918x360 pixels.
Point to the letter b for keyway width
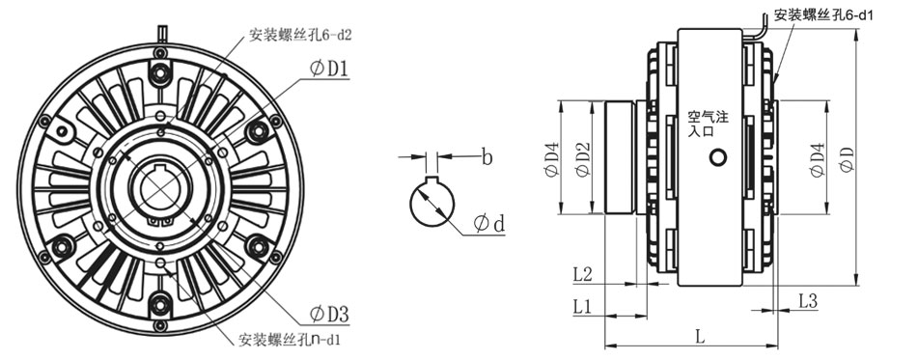click(487, 155)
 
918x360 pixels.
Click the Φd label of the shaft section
click(490, 224)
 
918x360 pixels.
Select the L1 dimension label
click(582, 306)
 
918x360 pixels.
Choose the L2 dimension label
click(582, 274)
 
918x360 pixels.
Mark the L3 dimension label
click(808, 301)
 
